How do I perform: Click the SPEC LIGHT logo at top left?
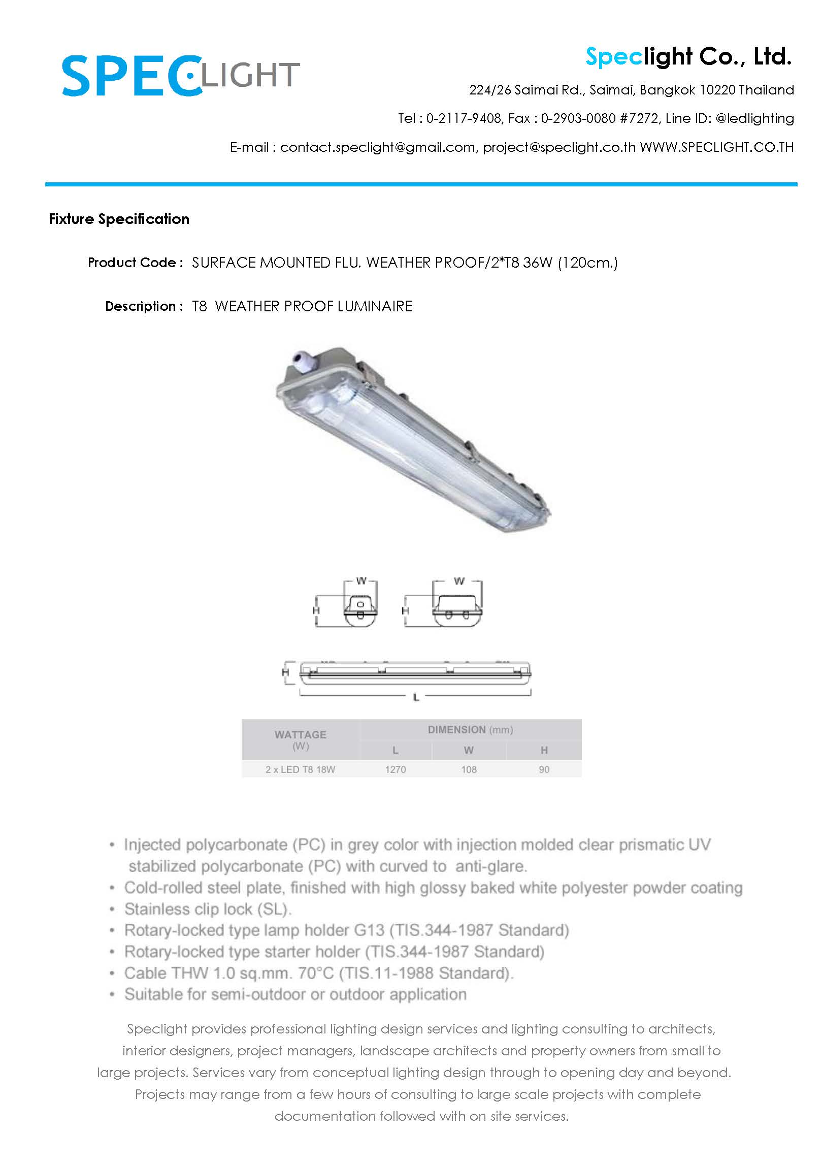tap(180, 76)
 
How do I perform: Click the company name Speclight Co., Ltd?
tap(688, 56)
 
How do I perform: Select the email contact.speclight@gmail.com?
tap(377, 147)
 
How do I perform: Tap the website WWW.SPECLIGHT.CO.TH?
tap(716, 147)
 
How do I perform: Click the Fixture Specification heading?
tap(119, 219)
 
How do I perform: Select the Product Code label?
tap(135, 263)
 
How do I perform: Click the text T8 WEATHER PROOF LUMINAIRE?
tap(302, 306)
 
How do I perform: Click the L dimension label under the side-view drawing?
tap(416, 698)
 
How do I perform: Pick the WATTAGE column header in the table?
tap(300, 735)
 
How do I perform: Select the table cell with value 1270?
tap(395, 769)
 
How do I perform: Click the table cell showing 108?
tap(469, 769)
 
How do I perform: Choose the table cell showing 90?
tap(544, 769)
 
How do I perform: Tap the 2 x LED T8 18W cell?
tap(300, 769)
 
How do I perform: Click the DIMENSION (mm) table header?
tap(470, 730)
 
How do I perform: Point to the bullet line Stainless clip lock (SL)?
tap(208, 909)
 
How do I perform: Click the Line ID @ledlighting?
tap(754, 118)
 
